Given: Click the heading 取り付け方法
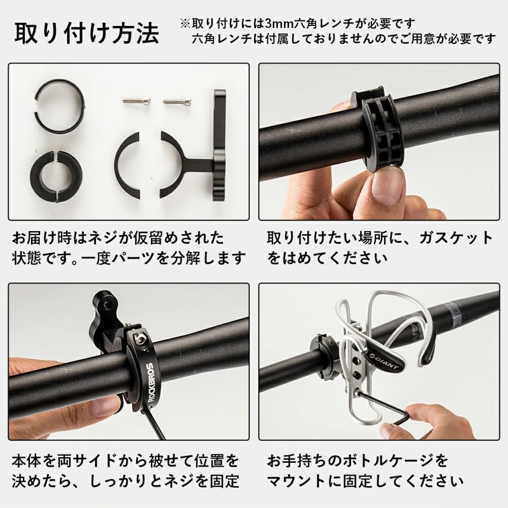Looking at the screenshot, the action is pyautogui.click(x=87, y=34).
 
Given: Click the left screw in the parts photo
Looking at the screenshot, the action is pyautogui.click(x=137, y=100).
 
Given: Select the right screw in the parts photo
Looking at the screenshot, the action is pyautogui.click(x=177, y=101).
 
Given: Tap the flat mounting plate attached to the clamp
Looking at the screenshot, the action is pyautogui.click(x=220, y=146).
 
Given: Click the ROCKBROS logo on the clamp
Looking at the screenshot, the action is pyautogui.click(x=150, y=382).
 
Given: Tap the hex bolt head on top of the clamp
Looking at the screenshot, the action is pyautogui.click(x=139, y=338).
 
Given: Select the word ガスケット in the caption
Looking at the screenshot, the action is pyautogui.click(x=456, y=238).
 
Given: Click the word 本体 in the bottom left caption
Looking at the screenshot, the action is pyautogui.click(x=27, y=461).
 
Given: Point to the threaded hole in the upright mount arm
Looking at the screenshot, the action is pyautogui.click(x=106, y=305).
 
